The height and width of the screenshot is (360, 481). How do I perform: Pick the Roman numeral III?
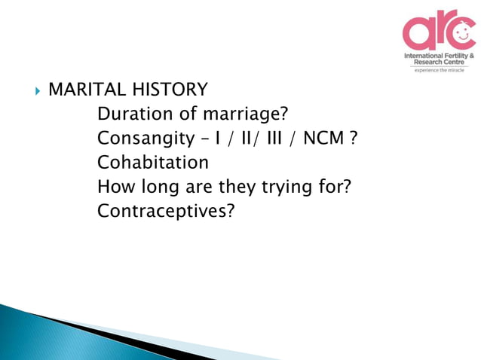pos(271,140)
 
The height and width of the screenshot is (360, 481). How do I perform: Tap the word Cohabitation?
pos(153,163)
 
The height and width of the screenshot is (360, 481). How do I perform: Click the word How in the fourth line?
pos(115,188)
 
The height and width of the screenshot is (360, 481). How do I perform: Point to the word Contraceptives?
pos(166,212)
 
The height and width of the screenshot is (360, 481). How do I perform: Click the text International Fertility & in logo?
pos(439,56)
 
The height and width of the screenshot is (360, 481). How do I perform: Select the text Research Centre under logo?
pos(439,63)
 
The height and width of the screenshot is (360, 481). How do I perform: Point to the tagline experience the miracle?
pos(439,71)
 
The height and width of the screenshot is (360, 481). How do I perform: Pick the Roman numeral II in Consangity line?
pos(240,140)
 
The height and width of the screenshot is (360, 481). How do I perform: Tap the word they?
pos(237,188)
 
